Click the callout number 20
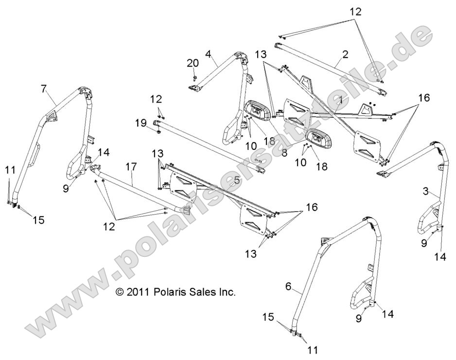tap(193, 63)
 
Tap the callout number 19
tap(141, 124)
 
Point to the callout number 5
tap(237, 180)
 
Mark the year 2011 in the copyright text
tap(139, 292)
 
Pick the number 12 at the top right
tap(356, 12)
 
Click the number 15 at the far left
tap(38, 220)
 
